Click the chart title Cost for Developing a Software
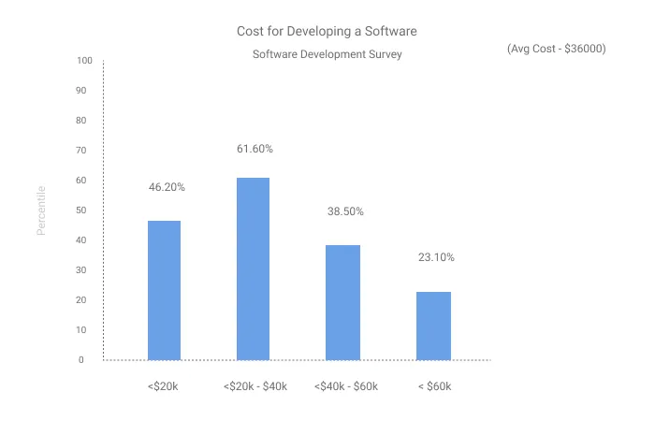click(327, 31)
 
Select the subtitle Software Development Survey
click(327, 54)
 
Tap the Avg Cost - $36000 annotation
click(556, 48)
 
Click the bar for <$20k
click(164, 290)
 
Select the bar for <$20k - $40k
click(253, 269)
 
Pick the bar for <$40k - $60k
click(342, 302)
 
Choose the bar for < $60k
click(433, 326)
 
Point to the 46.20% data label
click(167, 187)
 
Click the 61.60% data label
click(254, 149)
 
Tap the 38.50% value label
click(344, 211)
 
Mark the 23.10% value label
click(435, 257)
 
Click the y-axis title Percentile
click(41, 210)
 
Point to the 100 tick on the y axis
click(84, 61)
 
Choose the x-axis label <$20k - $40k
click(255, 386)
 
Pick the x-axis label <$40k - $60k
click(344, 386)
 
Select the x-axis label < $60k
click(435, 386)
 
